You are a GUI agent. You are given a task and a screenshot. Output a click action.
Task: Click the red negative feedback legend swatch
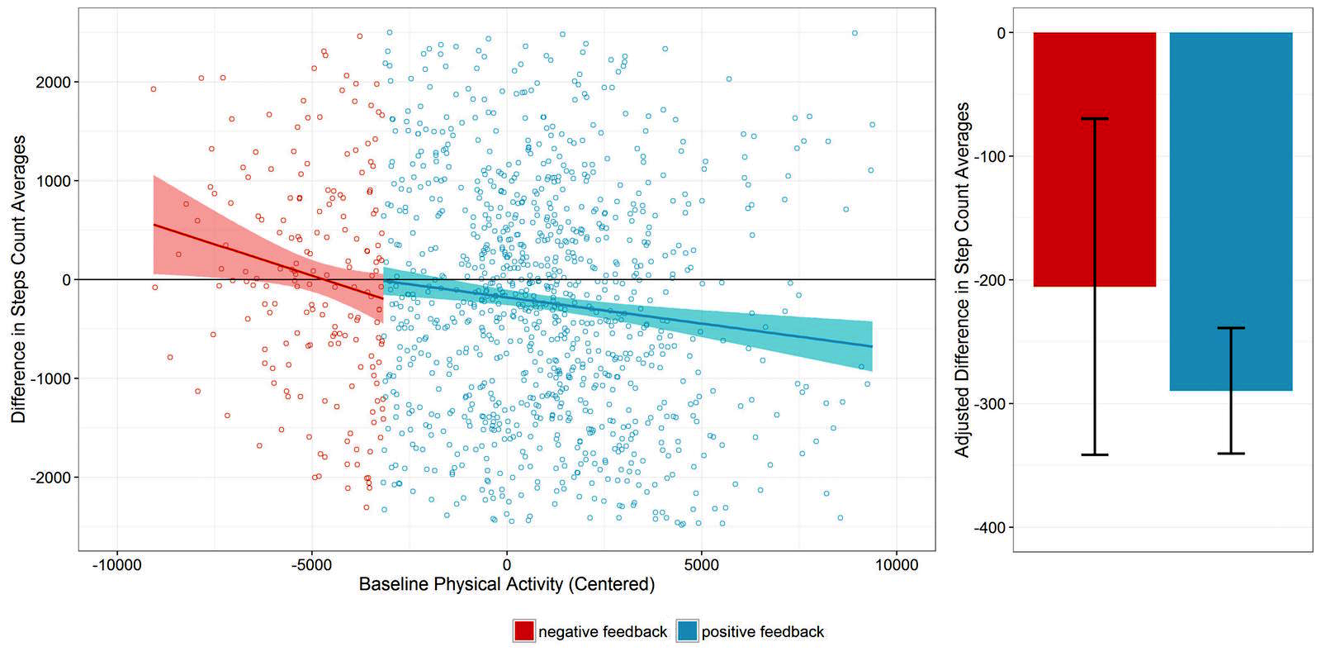point(523,631)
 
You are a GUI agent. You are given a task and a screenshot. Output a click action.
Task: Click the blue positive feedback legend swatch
point(687,631)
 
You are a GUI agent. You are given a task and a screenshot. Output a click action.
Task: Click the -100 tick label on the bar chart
point(990,156)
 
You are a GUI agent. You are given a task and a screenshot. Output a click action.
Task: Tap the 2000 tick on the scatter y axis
point(53,82)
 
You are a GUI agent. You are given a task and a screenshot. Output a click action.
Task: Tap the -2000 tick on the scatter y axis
point(50,478)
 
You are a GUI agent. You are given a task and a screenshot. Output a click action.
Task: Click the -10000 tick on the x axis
point(116,564)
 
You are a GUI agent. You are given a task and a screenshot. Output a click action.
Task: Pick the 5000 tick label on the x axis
point(701,564)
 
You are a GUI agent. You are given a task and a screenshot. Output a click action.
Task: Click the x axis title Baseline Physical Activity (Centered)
point(506,584)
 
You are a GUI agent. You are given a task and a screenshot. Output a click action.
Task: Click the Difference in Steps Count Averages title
point(18,279)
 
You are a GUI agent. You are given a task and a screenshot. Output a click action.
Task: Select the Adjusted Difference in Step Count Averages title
point(962,279)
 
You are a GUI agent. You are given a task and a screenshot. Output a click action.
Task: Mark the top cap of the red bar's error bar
point(1094,119)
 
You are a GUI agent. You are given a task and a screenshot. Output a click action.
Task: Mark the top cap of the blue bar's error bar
point(1230,328)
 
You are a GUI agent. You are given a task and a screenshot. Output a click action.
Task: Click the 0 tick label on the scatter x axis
point(506,564)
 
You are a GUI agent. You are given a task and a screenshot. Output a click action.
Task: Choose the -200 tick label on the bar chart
point(990,280)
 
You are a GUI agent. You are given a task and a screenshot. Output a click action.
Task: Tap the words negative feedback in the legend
point(603,632)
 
